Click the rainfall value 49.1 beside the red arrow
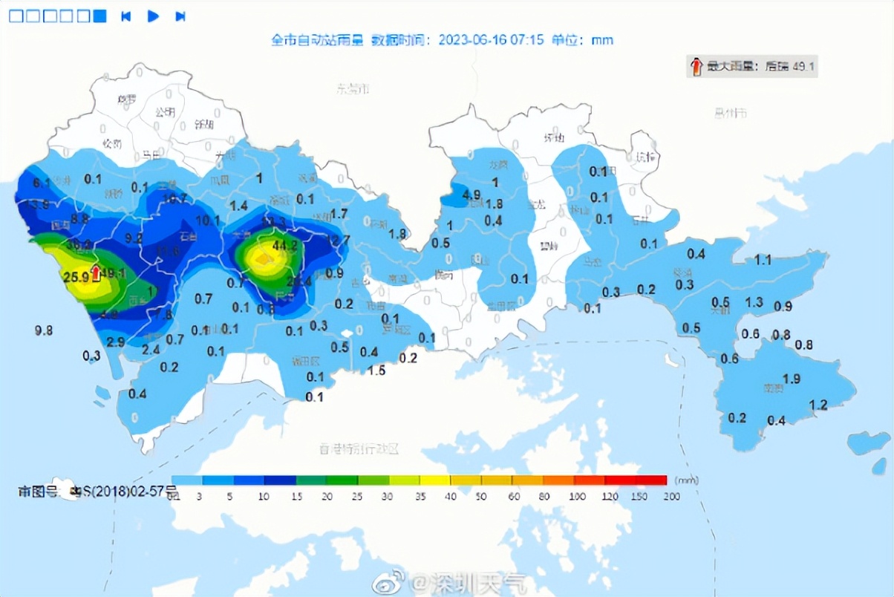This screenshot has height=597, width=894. [x=114, y=273]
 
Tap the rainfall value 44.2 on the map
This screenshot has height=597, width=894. [x=285, y=245]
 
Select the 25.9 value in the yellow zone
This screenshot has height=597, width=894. [x=76, y=277]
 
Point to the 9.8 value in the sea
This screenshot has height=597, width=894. [x=44, y=330]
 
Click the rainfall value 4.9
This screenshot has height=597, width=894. [x=472, y=195]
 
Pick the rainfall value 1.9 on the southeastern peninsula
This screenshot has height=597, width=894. [x=792, y=379]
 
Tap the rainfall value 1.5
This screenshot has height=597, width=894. [x=376, y=370]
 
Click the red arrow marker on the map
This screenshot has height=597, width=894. [x=95, y=273]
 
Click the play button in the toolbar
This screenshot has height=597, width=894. [x=154, y=16]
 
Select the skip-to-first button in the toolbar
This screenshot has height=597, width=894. [x=126, y=16]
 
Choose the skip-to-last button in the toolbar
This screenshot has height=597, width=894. [x=180, y=16]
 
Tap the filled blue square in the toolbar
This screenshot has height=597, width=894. [x=100, y=16]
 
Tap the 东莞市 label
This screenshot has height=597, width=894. [x=353, y=89]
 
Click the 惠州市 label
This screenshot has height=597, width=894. [x=730, y=113]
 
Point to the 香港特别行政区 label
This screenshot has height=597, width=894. [x=359, y=449]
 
